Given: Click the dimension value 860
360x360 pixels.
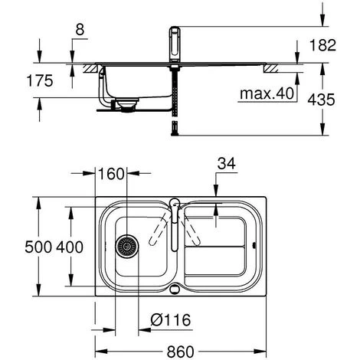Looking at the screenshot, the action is click(x=180, y=352).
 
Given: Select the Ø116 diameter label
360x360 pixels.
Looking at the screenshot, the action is click(x=171, y=319).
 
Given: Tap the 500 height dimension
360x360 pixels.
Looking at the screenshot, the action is click(x=38, y=247).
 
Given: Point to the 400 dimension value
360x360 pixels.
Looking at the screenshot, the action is click(x=70, y=247).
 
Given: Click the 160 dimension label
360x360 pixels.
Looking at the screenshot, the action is click(x=111, y=174).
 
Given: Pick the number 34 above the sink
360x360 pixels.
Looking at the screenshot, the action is click(x=226, y=163).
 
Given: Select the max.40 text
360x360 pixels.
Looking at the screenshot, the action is click(x=267, y=93).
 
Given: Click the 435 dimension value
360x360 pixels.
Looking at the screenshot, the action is click(x=321, y=100).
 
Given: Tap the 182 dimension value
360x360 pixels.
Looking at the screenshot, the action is click(x=322, y=45).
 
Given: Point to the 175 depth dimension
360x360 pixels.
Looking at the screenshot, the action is click(x=40, y=80).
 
